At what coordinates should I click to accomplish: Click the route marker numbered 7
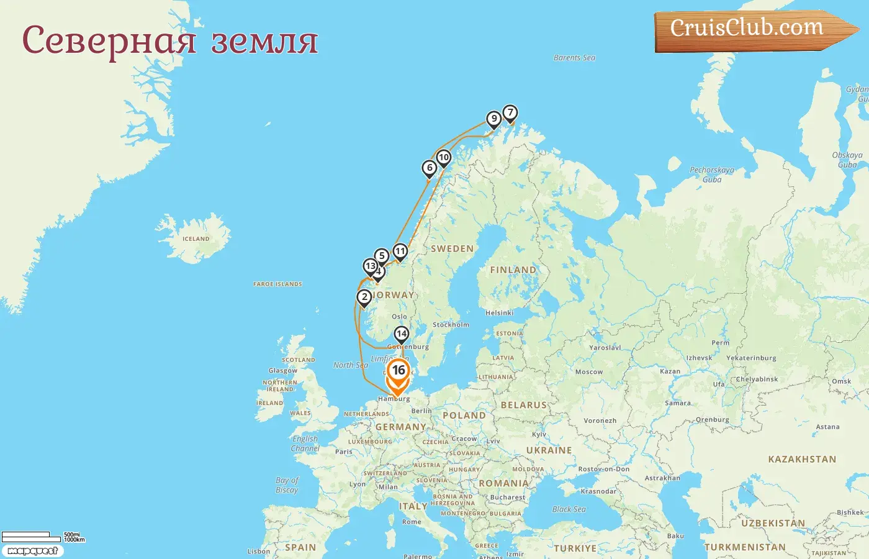pyautogui.click(x=510, y=113)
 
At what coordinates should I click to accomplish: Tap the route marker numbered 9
pyautogui.click(x=493, y=119)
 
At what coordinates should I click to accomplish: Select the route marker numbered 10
pyautogui.click(x=443, y=158)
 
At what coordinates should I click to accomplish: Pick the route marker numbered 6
pyautogui.click(x=429, y=168)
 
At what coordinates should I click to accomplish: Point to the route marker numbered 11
pyautogui.click(x=400, y=252)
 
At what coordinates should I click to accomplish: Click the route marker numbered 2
pyautogui.click(x=364, y=298)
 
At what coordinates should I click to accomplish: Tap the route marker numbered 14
pyautogui.click(x=402, y=334)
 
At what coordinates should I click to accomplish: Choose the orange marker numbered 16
pyautogui.click(x=398, y=371)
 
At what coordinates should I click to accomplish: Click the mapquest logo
pyautogui.click(x=32, y=551)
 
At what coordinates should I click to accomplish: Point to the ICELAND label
pyautogui.click(x=196, y=239)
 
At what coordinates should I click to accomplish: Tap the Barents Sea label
pyautogui.click(x=574, y=58)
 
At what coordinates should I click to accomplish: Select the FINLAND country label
pyautogui.click(x=513, y=270)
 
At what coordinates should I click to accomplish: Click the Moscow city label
pyautogui.click(x=588, y=372)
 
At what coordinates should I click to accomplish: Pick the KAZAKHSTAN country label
pyautogui.click(x=802, y=460)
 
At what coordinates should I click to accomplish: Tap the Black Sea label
pyautogui.click(x=569, y=509)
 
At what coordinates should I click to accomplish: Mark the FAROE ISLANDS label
pyautogui.click(x=277, y=284)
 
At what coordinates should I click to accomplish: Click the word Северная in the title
pyautogui.click(x=109, y=41)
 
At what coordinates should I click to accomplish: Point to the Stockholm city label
pyautogui.click(x=451, y=325)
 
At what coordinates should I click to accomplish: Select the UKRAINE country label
pyautogui.click(x=549, y=450)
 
